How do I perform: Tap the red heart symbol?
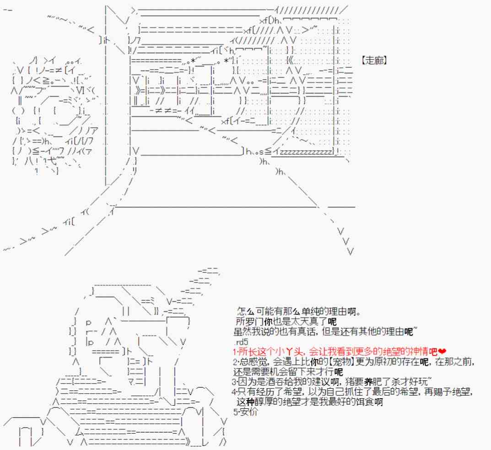click(x=442, y=352)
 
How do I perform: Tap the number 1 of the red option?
click(x=234, y=352)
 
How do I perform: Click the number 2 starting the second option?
click(x=234, y=362)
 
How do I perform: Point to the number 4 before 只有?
click(x=234, y=392)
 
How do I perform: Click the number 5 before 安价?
click(x=235, y=412)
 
